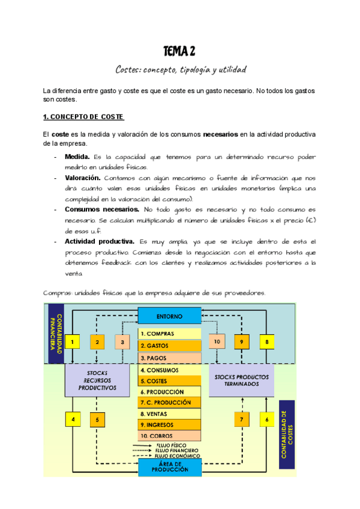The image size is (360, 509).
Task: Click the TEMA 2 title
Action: (179, 51)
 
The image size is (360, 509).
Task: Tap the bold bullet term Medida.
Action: (77, 157)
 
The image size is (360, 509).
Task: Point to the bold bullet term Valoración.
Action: (82, 178)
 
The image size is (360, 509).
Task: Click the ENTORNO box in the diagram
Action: (169, 316)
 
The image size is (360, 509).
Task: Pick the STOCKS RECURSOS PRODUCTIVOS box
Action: (97, 380)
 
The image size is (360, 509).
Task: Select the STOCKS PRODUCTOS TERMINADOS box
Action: (241, 380)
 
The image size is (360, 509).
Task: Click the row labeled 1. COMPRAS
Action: (169, 333)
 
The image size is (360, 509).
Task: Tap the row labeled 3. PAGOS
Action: (169, 358)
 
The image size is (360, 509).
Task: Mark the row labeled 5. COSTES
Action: (169, 381)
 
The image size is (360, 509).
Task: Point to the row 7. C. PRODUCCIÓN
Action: (169, 402)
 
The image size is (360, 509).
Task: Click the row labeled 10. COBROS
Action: (169, 436)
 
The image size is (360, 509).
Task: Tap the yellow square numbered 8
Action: (267, 342)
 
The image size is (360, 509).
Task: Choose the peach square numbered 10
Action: (217, 342)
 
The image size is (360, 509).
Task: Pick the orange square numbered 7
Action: (241, 420)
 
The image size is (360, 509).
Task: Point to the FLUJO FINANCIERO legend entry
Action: (176, 450)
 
